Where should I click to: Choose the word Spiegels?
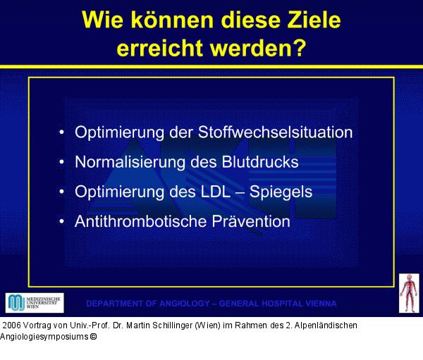pyautogui.click(x=283, y=192)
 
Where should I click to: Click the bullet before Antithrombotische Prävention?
pyautogui.click(x=63, y=221)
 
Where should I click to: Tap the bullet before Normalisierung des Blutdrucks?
pyautogui.click(x=63, y=162)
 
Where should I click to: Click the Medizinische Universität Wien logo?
pyautogui.click(x=35, y=303)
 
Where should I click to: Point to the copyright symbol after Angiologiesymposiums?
pyautogui.click(x=92, y=337)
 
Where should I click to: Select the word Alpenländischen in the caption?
pyautogui.click(x=324, y=325)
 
